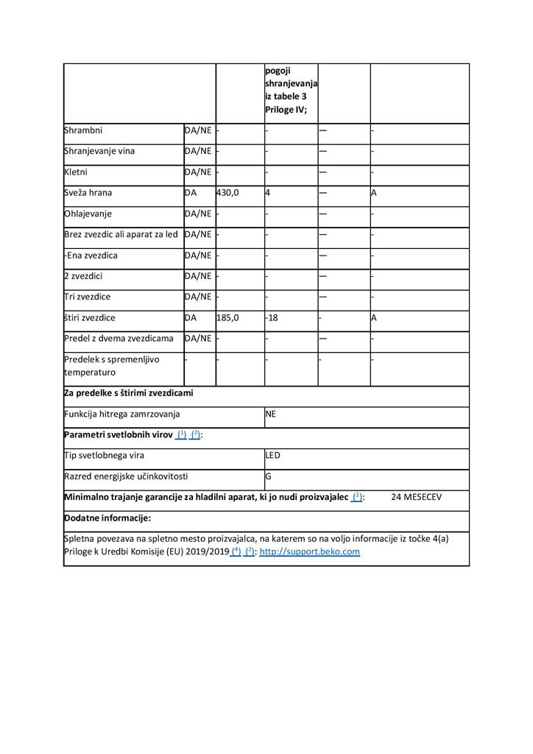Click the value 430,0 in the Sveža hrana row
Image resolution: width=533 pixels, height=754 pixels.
pos(227,193)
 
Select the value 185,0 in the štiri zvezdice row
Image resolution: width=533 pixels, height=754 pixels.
pos(227,318)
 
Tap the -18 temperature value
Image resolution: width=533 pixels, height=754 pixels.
pos(272,318)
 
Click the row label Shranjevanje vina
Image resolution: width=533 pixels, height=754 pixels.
pos(99,152)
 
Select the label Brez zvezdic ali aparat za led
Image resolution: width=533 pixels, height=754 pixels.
pos(121,235)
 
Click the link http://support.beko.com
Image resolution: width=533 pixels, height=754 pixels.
pos(310,552)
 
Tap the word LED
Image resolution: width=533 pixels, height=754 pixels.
pos(273,456)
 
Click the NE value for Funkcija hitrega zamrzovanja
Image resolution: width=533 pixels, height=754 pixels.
pos(271,415)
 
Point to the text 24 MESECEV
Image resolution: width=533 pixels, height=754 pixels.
pos(417,497)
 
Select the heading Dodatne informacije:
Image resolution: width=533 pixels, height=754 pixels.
pos(107,518)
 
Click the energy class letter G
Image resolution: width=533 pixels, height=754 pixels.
pos(269,476)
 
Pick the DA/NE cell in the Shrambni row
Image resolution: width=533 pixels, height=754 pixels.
pos(198,130)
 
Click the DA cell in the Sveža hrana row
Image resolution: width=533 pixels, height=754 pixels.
pos(191,193)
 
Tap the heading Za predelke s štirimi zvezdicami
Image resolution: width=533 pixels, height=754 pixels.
pos(129,393)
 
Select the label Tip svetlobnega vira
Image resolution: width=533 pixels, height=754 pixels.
pos(105,456)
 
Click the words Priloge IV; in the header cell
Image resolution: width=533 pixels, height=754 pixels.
pos(286,110)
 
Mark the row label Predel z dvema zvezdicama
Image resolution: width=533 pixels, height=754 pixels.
pos(119,339)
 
